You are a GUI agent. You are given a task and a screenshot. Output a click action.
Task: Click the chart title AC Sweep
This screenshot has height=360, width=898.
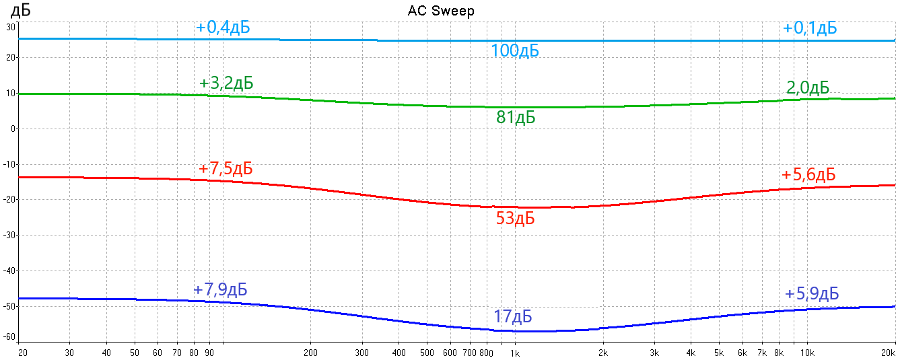442,11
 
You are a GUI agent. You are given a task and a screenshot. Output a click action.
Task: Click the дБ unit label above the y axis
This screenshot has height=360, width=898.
22,11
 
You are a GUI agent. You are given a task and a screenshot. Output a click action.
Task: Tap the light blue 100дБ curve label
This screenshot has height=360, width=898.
515,50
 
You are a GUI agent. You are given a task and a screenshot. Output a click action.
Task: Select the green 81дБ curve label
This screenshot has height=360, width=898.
516,118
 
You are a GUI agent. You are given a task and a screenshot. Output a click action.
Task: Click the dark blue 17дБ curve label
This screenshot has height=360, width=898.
513,316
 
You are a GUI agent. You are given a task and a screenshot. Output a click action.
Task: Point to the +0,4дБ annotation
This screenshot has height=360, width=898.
223,28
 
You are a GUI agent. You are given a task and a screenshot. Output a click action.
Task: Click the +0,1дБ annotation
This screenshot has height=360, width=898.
810,28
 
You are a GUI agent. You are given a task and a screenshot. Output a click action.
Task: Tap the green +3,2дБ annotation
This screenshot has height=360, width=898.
226,83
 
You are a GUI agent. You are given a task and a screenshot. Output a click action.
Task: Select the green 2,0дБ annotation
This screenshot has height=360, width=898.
807,88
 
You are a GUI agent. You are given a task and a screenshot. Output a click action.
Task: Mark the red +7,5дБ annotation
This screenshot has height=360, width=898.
226,168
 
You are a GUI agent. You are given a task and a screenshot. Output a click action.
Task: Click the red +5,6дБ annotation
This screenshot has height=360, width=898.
808,175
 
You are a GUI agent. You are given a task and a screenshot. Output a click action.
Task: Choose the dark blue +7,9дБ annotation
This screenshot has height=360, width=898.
220,289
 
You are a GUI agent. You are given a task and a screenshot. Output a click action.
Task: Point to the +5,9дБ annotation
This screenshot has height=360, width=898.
811,293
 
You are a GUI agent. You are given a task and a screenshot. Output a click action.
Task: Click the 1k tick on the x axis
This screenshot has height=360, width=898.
514,353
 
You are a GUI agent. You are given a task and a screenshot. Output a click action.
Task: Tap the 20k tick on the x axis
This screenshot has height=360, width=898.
889,353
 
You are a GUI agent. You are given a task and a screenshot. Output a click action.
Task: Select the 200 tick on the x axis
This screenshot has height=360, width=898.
310,353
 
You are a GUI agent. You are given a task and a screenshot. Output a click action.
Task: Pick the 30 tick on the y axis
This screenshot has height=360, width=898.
11,27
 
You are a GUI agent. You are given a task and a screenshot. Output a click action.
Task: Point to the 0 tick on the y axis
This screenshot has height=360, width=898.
13,129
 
